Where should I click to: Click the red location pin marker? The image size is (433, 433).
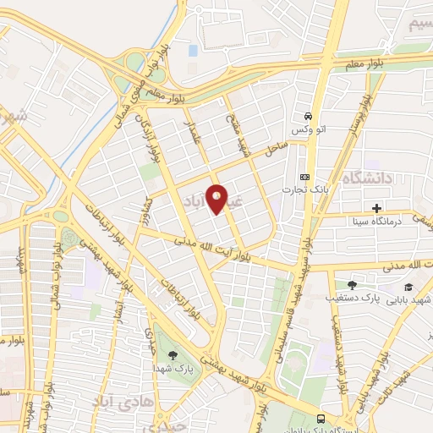217,199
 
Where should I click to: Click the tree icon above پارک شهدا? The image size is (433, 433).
173,355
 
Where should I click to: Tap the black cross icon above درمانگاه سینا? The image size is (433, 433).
376,208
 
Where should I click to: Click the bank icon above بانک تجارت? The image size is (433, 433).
304,178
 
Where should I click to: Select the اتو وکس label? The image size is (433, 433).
303,129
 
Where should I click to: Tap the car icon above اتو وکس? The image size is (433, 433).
309,116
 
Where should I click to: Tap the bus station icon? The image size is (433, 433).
321,419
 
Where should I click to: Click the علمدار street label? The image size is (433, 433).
195,134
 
